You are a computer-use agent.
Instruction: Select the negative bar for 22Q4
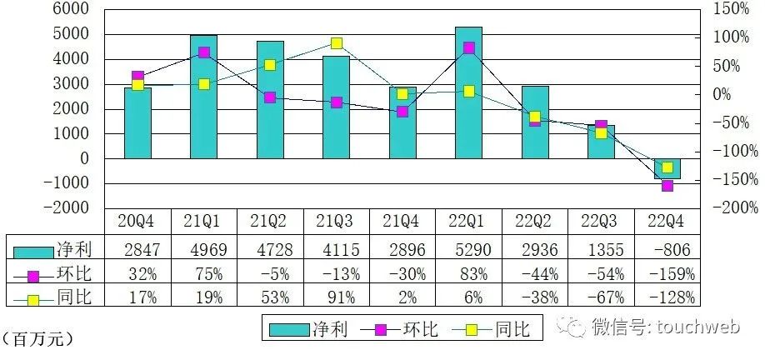(x=667, y=168)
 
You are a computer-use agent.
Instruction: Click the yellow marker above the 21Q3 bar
(x=336, y=43)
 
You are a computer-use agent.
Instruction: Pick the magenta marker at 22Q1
(x=469, y=47)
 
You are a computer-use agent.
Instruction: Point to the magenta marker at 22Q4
(x=667, y=186)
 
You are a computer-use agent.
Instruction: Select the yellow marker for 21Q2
(x=270, y=65)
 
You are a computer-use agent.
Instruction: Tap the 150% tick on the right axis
(x=731, y=9)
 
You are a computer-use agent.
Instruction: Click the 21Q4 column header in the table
(x=402, y=222)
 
